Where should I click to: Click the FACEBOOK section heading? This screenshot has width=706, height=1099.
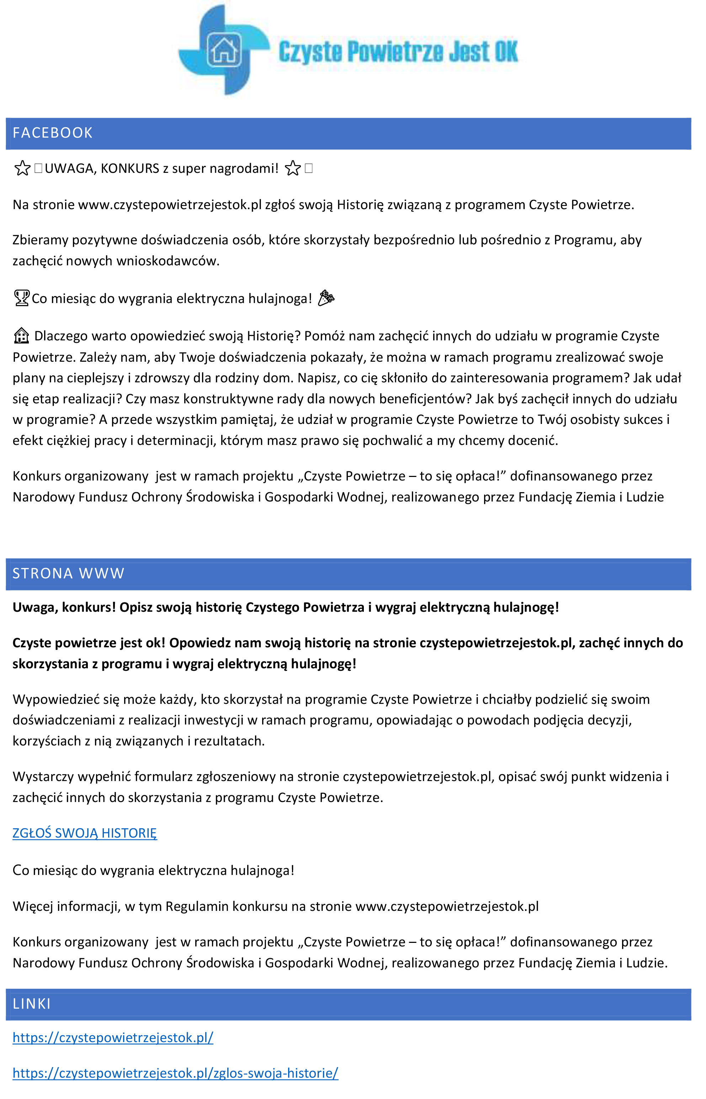click(x=53, y=133)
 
